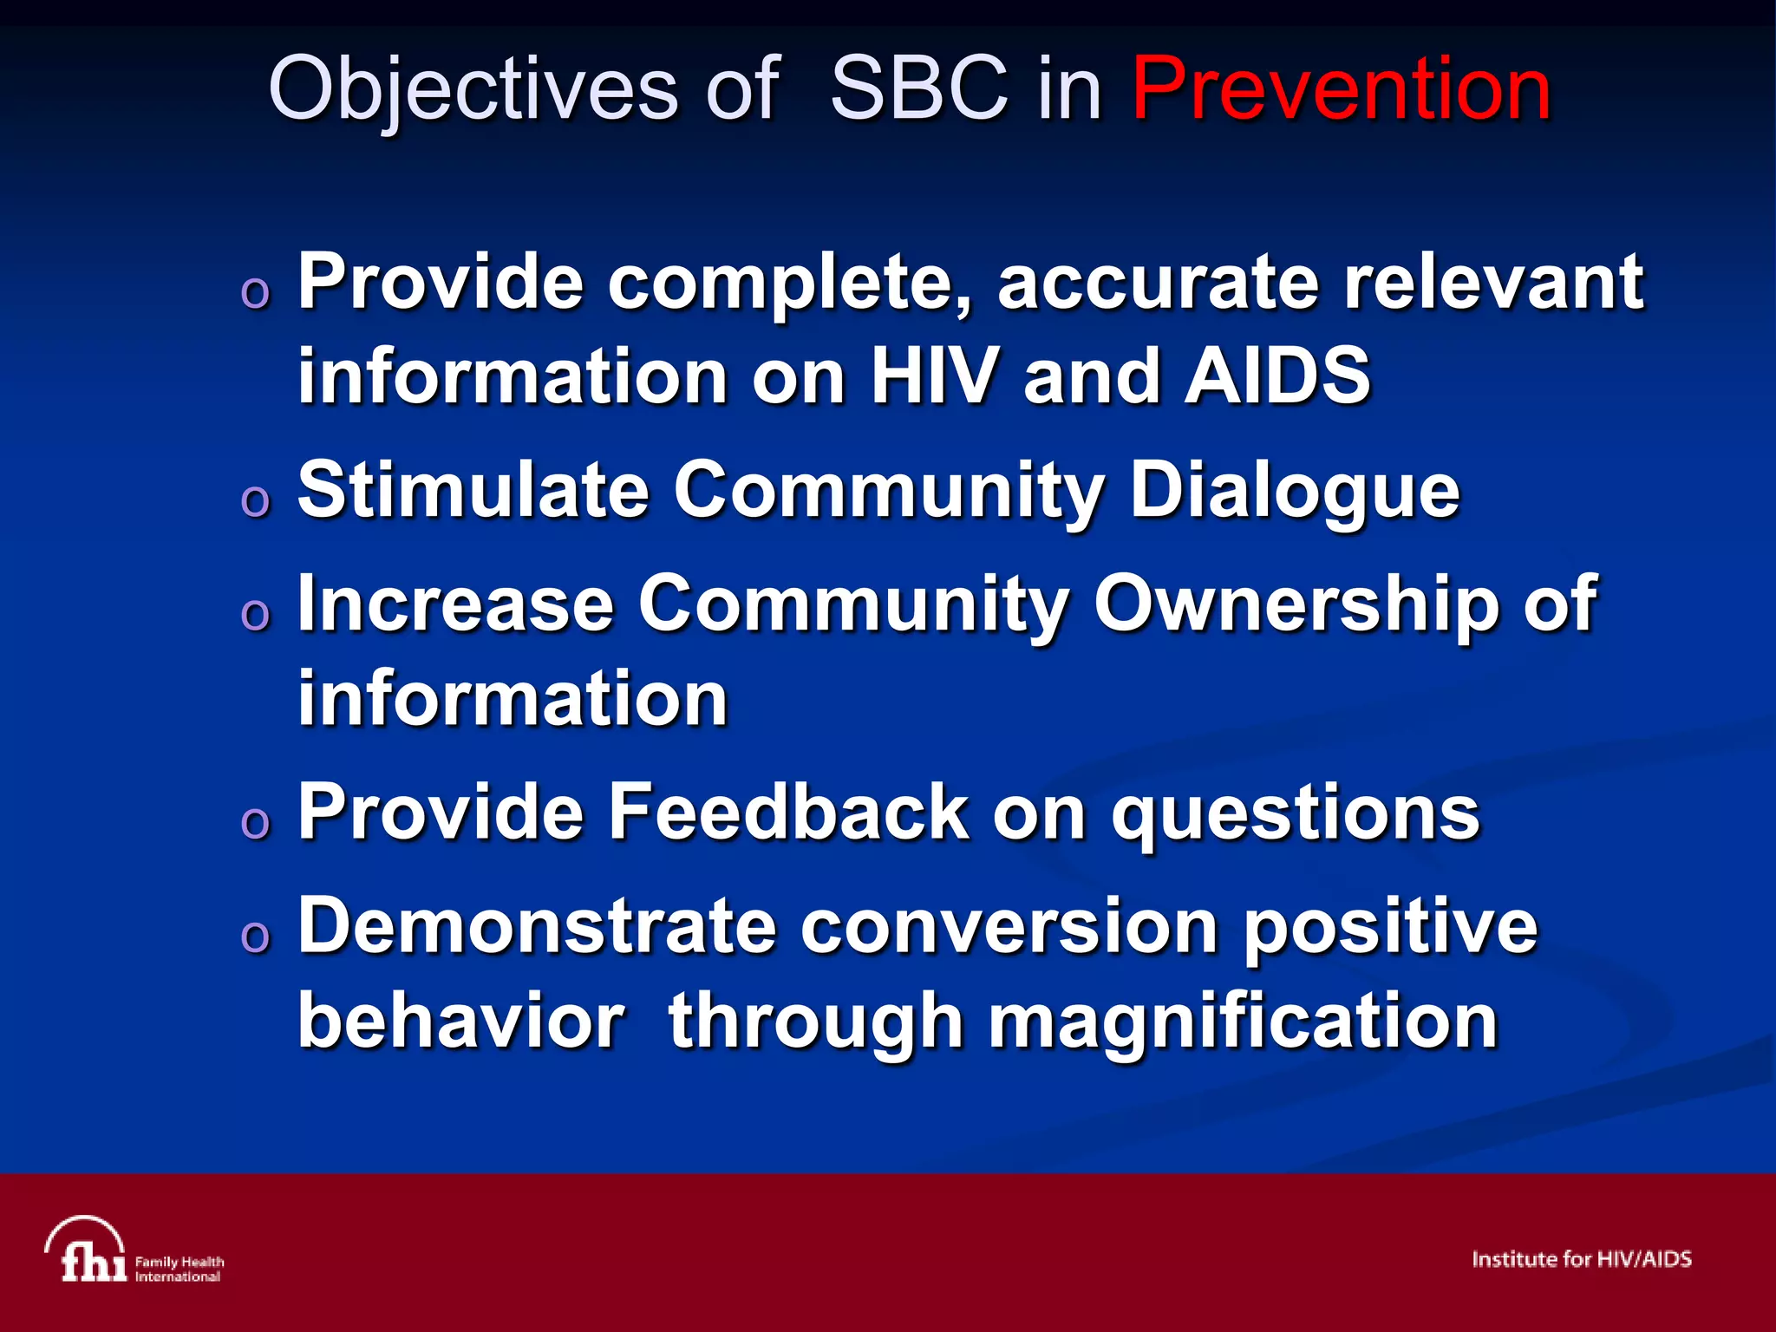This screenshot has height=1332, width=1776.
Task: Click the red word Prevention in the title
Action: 1341,88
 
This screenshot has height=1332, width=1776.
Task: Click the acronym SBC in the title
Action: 919,88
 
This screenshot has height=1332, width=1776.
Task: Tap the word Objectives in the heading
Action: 473,90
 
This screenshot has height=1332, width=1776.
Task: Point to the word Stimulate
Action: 473,490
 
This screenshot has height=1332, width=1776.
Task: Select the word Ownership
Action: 1296,604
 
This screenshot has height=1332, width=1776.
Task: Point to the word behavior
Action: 460,1022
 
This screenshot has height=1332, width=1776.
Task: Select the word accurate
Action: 1158,282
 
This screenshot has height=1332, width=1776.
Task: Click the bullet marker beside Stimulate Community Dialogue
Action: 255,501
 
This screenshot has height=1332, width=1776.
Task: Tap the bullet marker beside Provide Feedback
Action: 255,822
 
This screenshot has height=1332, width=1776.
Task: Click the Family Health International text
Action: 179,1269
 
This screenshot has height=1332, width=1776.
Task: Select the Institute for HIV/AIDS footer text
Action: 1581,1259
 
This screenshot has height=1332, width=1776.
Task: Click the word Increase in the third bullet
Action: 455,604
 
